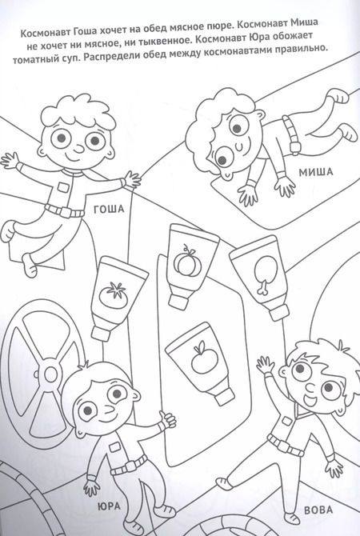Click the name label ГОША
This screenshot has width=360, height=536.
click(109, 209)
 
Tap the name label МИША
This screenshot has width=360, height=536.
click(316, 172)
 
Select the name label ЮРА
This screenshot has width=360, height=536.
click(109, 506)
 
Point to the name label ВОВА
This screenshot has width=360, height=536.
click(318, 510)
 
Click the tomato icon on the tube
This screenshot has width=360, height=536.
click(114, 294)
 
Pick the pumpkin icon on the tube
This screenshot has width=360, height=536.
click(187, 262)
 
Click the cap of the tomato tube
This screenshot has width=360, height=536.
click(101, 334)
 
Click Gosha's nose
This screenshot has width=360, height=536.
click(79, 150)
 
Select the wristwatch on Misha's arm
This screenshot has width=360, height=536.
click(295, 147)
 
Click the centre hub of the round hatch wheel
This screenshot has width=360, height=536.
click(50, 374)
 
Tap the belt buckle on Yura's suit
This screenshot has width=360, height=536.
click(130, 466)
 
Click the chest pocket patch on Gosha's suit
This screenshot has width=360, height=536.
click(63, 186)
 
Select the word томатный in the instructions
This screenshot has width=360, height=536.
click(36, 59)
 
